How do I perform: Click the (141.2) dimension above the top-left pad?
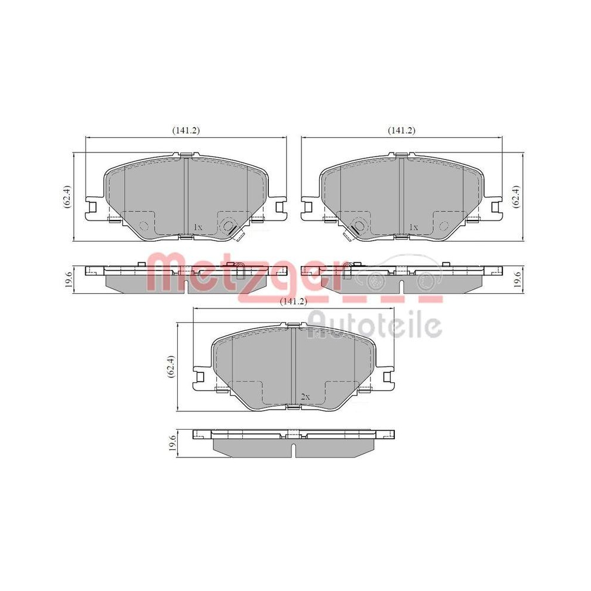tap(186, 130)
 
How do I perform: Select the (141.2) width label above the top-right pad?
tap(401, 130)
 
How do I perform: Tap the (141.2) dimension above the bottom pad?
tap(294, 301)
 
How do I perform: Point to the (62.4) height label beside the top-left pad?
tap(67, 196)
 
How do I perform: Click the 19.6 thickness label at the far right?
tap(518, 277)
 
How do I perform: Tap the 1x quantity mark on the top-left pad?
tap(198, 227)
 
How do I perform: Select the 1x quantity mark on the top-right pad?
tap(413, 227)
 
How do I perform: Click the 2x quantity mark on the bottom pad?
tap(305, 398)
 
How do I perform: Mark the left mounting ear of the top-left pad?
tap(92, 206)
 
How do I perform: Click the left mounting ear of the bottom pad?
tap(200, 378)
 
